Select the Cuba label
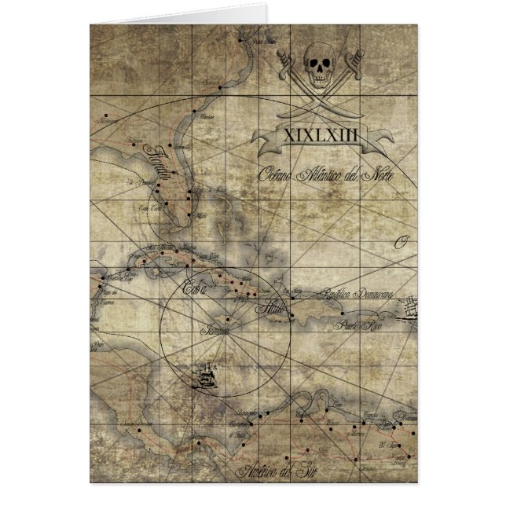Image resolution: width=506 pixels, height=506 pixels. [x=192, y=288]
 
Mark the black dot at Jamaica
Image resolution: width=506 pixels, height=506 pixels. [x=226, y=320]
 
